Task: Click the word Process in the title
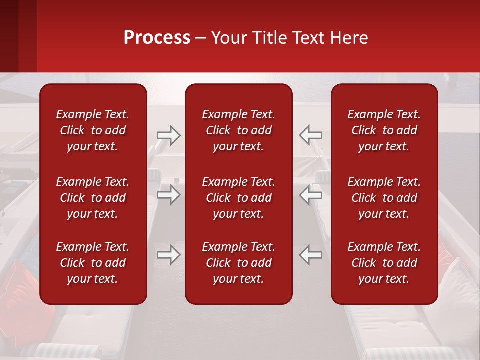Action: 157,38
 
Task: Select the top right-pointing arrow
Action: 168,135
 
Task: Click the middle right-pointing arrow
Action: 168,195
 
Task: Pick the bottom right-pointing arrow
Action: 168,254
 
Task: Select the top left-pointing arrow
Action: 310,135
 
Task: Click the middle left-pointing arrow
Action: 310,195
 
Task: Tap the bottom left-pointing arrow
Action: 310,254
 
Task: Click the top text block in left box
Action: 93,130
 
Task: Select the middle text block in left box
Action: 93,198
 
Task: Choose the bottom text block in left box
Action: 93,263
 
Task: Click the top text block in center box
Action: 238,130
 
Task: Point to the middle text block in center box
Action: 238,198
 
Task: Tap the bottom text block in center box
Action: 238,263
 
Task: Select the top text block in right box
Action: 384,130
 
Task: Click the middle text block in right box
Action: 384,198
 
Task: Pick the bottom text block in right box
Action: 384,263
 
